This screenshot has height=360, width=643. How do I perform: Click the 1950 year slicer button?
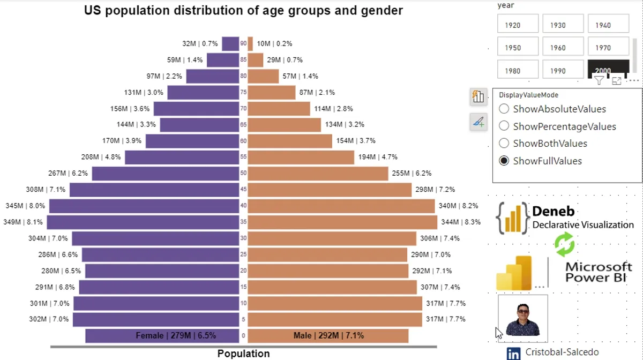518,48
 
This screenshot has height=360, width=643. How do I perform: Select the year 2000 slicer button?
608,69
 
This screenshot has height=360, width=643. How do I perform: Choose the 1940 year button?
608,25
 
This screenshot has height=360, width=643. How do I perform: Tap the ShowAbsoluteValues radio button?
504,109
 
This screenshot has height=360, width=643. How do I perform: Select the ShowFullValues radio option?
504,161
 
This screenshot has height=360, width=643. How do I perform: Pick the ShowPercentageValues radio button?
504,126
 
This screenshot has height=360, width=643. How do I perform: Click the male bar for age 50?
318,174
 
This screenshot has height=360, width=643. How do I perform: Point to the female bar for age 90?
230,44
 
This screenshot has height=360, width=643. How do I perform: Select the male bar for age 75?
271,93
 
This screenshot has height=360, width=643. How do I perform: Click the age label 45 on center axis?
243,190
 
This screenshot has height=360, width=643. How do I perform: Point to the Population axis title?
243,354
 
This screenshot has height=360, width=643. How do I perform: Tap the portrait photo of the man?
522,318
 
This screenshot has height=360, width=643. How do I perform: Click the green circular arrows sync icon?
564,245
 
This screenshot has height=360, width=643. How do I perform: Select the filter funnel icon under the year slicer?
599,81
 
